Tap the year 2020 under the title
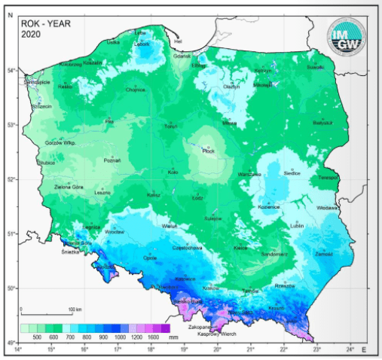tap(31, 33)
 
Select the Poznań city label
tap(112, 160)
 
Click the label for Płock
tap(209, 151)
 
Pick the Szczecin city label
tap(41, 107)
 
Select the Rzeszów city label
tap(285, 285)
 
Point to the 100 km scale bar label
tap(75, 310)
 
